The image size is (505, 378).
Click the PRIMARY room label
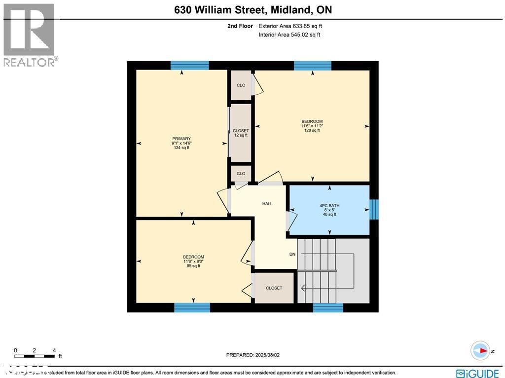[x=181, y=139]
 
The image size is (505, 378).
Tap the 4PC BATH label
[x=329, y=206]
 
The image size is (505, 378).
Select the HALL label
[x=267, y=204]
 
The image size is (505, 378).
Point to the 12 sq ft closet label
[x=241, y=135]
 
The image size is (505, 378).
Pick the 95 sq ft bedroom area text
[x=193, y=266]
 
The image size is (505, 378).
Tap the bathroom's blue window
[x=374, y=209]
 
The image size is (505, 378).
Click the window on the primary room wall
[x=189, y=65]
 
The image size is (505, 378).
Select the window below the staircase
[x=328, y=308]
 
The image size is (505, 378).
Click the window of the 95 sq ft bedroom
[x=192, y=308]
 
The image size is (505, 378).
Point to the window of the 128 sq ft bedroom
[x=312, y=65]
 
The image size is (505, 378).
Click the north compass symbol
[x=480, y=350]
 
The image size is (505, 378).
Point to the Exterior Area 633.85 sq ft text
[x=290, y=26]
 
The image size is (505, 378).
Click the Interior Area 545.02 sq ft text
[x=289, y=35]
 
